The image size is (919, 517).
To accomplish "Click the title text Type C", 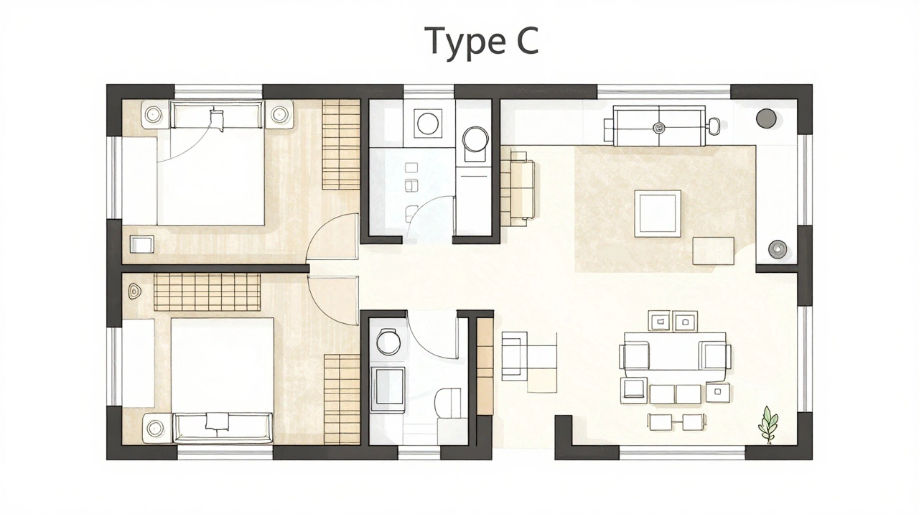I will click(x=482, y=41).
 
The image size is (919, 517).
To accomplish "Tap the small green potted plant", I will click(x=768, y=424).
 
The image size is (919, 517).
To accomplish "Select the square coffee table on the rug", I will click(x=657, y=213).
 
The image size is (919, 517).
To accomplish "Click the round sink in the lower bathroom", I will click(x=388, y=343).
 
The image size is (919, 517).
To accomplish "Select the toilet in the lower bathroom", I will click(x=450, y=402).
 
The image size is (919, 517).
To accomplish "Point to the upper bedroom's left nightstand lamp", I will click(x=154, y=114).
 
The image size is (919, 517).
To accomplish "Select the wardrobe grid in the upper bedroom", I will click(x=340, y=144).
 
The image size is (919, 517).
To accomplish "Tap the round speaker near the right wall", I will click(x=777, y=248).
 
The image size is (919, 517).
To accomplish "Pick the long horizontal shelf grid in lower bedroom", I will click(x=207, y=292).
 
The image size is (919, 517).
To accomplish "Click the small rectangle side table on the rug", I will click(x=712, y=251).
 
